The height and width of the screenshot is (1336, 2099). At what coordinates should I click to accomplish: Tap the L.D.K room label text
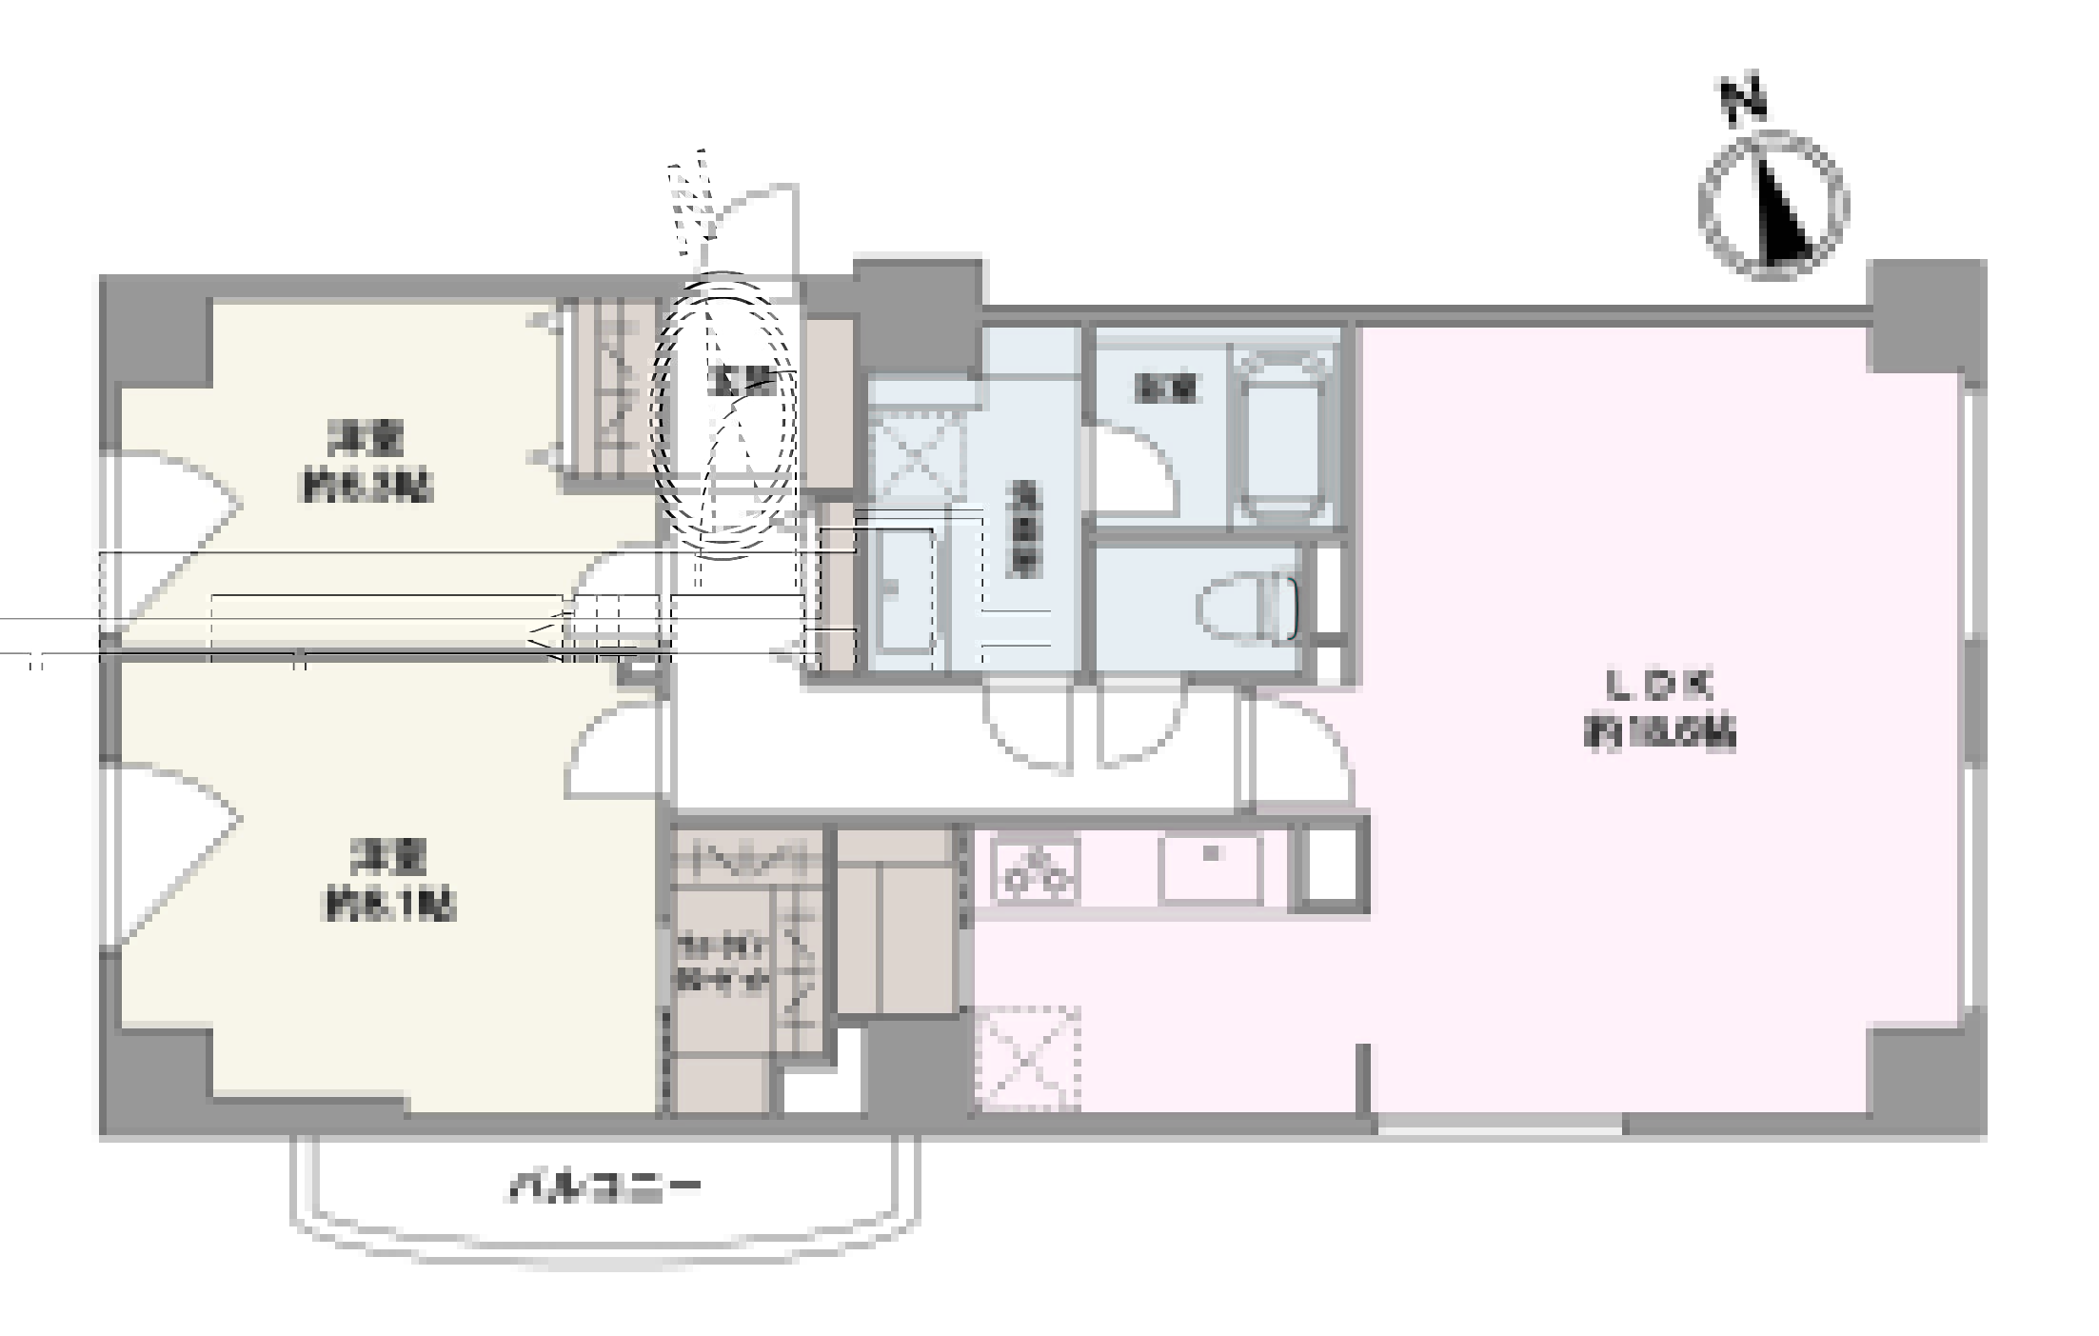[x=1659, y=709]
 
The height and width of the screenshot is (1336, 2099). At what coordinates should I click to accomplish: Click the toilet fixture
[x=1250, y=609]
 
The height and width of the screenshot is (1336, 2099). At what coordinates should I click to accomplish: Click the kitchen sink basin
[x=1210, y=867]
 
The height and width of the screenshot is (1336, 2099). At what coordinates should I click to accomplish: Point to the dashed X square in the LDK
[x=1028, y=1057]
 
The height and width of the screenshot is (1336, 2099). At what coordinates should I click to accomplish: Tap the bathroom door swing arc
[x=1133, y=467]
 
